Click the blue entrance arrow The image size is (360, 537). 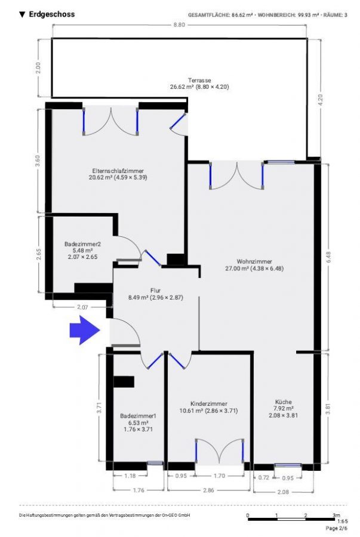(85, 330)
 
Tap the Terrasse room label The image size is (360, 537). (199, 80)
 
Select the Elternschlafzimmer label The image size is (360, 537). (118, 171)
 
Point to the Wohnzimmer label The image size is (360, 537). (254, 262)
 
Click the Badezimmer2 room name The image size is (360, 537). (82, 244)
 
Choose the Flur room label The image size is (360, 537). (155, 291)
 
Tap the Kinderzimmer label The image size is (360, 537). (208, 404)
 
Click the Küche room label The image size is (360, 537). (283, 402)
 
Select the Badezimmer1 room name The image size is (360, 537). (138, 416)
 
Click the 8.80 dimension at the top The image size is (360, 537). (179, 24)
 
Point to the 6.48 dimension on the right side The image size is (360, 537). (329, 257)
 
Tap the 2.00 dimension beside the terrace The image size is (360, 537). (38, 68)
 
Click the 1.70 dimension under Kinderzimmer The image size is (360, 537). (219, 476)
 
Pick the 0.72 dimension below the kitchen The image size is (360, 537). (264, 478)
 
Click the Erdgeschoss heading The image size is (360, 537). (52, 14)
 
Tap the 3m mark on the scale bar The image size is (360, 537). (336, 515)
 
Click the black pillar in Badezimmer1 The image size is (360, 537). (124, 382)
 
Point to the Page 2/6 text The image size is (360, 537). (336, 528)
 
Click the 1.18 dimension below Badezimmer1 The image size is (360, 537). (130, 476)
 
